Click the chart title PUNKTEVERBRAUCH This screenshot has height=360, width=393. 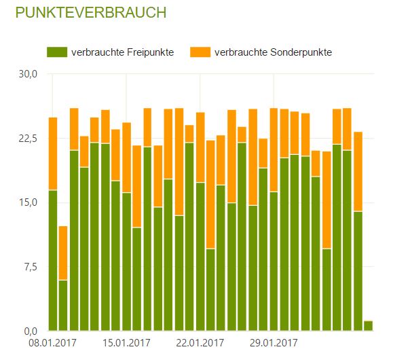[x=91, y=12]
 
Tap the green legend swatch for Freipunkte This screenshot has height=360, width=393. [x=57, y=52]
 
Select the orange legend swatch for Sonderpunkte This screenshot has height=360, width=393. [x=200, y=52]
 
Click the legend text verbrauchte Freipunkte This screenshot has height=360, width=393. [x=122, y=52]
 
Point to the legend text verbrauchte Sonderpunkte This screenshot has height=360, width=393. [x=273, y=52]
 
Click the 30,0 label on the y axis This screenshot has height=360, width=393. [x=28, y=74]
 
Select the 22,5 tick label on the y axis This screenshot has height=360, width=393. [x=28, y=139]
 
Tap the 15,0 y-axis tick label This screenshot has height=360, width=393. [x=28, y=202]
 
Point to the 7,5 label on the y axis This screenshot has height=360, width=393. [x=31, y=267]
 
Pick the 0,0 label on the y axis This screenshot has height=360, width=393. [x=31, y=331]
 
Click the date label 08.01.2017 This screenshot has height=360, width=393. [x=53, y=342]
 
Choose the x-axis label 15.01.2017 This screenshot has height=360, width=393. [x=126, y=342]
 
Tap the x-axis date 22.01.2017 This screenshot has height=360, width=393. [x=200, y=342]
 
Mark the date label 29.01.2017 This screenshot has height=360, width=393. [x=274, y=342]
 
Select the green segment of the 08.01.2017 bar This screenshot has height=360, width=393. [x=53, y=260]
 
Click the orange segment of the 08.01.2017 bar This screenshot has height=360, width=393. [x=53, y=154]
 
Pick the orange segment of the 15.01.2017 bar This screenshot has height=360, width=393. [x=126, y=158]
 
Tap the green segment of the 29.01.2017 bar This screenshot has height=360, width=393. [x=274, y=261]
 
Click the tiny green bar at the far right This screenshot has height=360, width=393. [x=368, y=325]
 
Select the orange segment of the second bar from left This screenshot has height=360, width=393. [x=63, y=253]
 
